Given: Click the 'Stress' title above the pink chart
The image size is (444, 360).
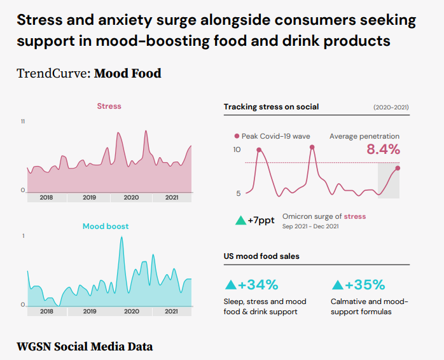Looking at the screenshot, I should click(x=109, y=106).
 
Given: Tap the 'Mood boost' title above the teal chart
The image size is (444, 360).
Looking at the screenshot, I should click(x=106, y=226).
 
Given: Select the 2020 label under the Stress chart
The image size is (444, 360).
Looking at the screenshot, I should click(x=131, y=198).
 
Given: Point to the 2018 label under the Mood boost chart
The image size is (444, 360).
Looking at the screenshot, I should click(x=46, y=312).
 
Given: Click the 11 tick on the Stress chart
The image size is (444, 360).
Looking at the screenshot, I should click(x=23, y=121).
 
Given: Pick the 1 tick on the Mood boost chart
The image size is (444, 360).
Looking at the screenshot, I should click(x=24, y=236).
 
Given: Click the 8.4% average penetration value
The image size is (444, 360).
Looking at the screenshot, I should click(x=384, y=150).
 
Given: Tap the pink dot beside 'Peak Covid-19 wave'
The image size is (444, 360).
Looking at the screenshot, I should click(x=237, y=136).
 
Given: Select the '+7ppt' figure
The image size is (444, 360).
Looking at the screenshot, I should click(x=261, y=220).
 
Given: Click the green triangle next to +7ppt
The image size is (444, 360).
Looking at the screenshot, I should click(x=240, y=221).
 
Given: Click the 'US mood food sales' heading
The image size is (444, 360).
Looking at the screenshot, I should click(x=261, y=256).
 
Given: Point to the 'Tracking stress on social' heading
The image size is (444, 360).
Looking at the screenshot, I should click(x=271, y=107).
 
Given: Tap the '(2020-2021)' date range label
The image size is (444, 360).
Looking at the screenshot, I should click(x=391, y=107).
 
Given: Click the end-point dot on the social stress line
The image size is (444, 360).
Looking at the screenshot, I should click(x=398, y=168).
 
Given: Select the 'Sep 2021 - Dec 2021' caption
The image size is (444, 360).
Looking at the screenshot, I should click(x=310, y=226).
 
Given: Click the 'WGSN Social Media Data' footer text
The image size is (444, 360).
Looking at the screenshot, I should click(x=85, y=347).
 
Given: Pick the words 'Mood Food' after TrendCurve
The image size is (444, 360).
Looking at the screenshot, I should click(x=128, y=73).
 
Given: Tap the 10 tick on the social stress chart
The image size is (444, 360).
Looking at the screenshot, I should click(x=237, y=149).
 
